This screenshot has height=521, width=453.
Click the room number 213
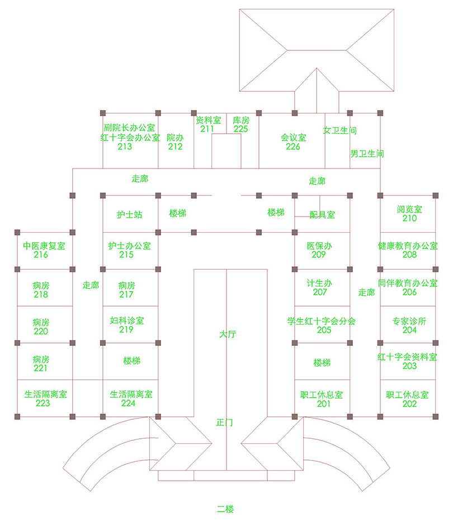[x=125, y=147]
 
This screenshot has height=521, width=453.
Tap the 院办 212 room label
[x=175, y=142]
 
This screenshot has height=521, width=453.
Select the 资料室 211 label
[x=208, y=124]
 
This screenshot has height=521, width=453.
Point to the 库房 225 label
[x=241, y=124]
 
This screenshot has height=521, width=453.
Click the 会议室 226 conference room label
[x=293, y=142]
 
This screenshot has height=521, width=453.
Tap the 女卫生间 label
[x=340, y=130]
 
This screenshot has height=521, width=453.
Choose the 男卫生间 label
[x=367, y=153]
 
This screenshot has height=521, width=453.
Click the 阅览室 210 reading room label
[x=409, y=213]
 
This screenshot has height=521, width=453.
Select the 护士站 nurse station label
[x=129, y=214]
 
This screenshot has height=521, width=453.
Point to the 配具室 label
[x=322, y=214]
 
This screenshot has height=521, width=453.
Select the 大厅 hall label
[x=228, y=334]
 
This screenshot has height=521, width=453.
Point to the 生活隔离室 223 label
[x=44, y=398]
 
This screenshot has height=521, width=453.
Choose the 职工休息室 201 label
[x=322, y=399]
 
